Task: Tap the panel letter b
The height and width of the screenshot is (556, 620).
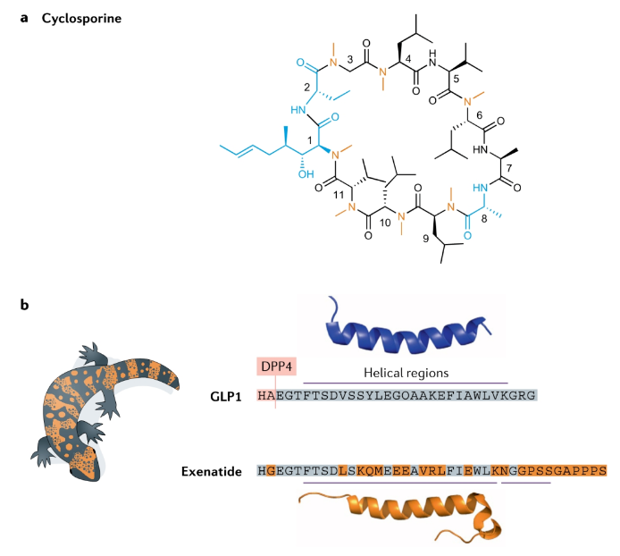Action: coord(24,306)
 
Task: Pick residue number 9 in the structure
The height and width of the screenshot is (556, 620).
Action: coord(425,239)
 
